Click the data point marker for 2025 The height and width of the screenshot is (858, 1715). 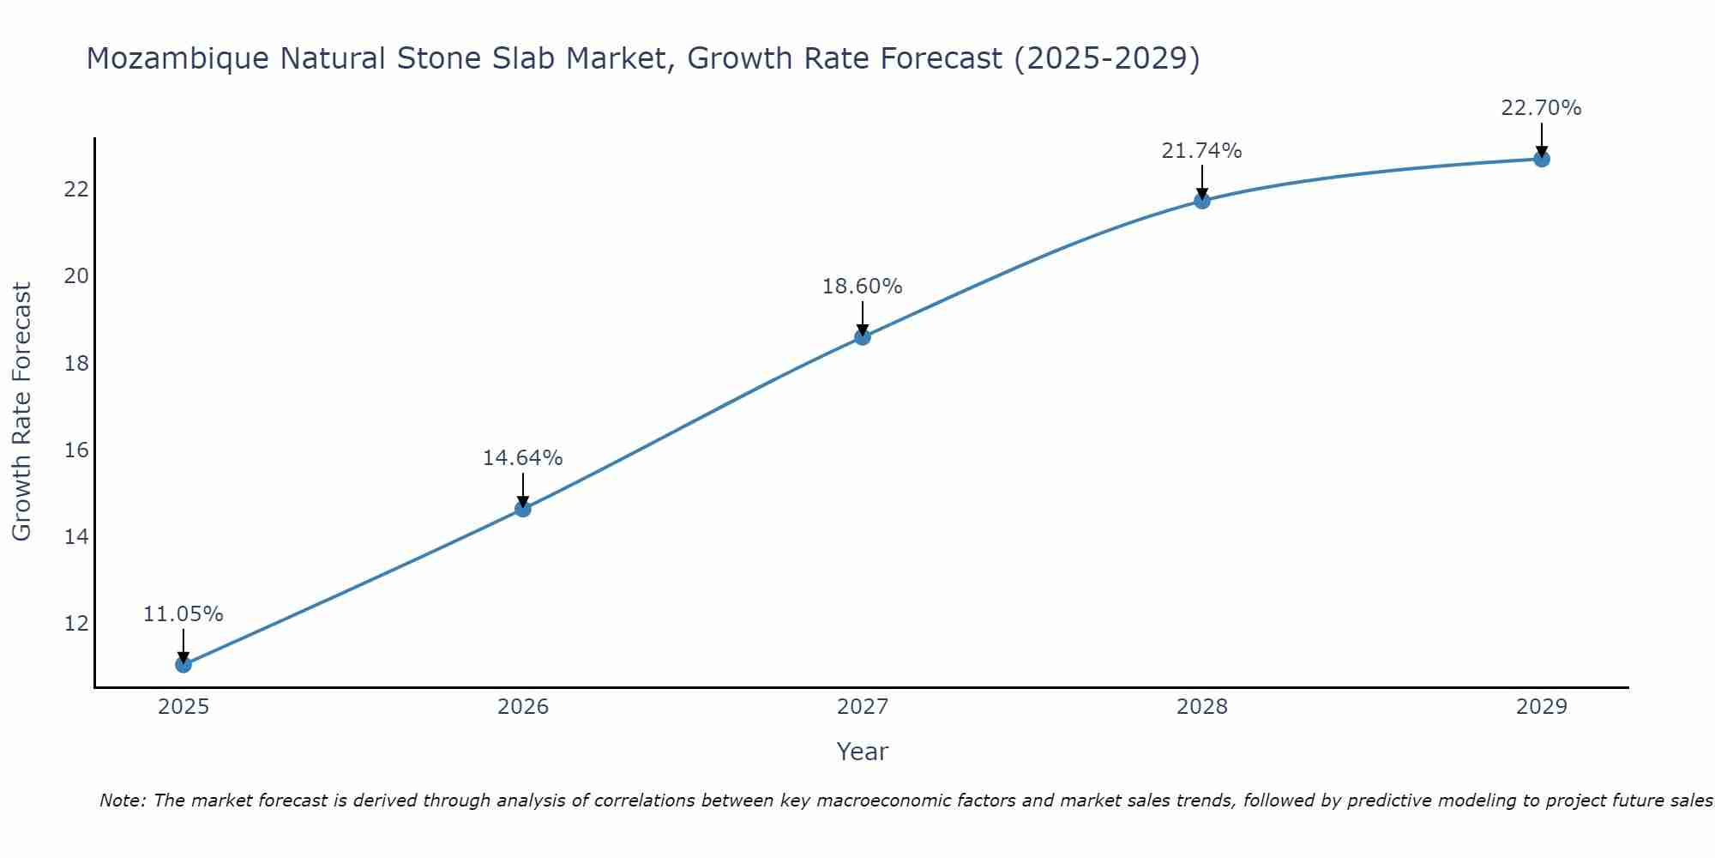point(183,664)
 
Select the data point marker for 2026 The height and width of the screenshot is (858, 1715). point(522,509)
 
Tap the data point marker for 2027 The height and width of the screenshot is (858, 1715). point(862,337)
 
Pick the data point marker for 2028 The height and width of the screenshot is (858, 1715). point(1201,201)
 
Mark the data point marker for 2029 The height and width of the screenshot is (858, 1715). point(1541,159)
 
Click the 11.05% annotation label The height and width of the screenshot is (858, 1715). point(183,614)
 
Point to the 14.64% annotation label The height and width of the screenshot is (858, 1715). point(522,458)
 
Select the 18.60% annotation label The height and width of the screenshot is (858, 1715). point(862,287)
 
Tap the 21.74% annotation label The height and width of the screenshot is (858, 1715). point(1201,151)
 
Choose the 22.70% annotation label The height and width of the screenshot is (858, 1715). point(1541,108)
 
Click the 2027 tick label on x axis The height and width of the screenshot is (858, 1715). point(862,707)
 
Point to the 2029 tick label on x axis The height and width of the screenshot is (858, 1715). point(1541,707)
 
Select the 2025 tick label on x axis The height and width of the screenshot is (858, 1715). point(183,707)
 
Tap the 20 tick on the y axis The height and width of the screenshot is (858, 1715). point(76,276)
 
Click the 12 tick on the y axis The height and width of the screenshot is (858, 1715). point(76,623)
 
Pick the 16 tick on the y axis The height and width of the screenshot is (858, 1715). point(76,450)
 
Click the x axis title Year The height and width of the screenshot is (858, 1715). point(862,752)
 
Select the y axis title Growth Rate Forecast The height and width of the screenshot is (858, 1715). point(21,412)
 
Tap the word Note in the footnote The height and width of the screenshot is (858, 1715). point(122,801)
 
